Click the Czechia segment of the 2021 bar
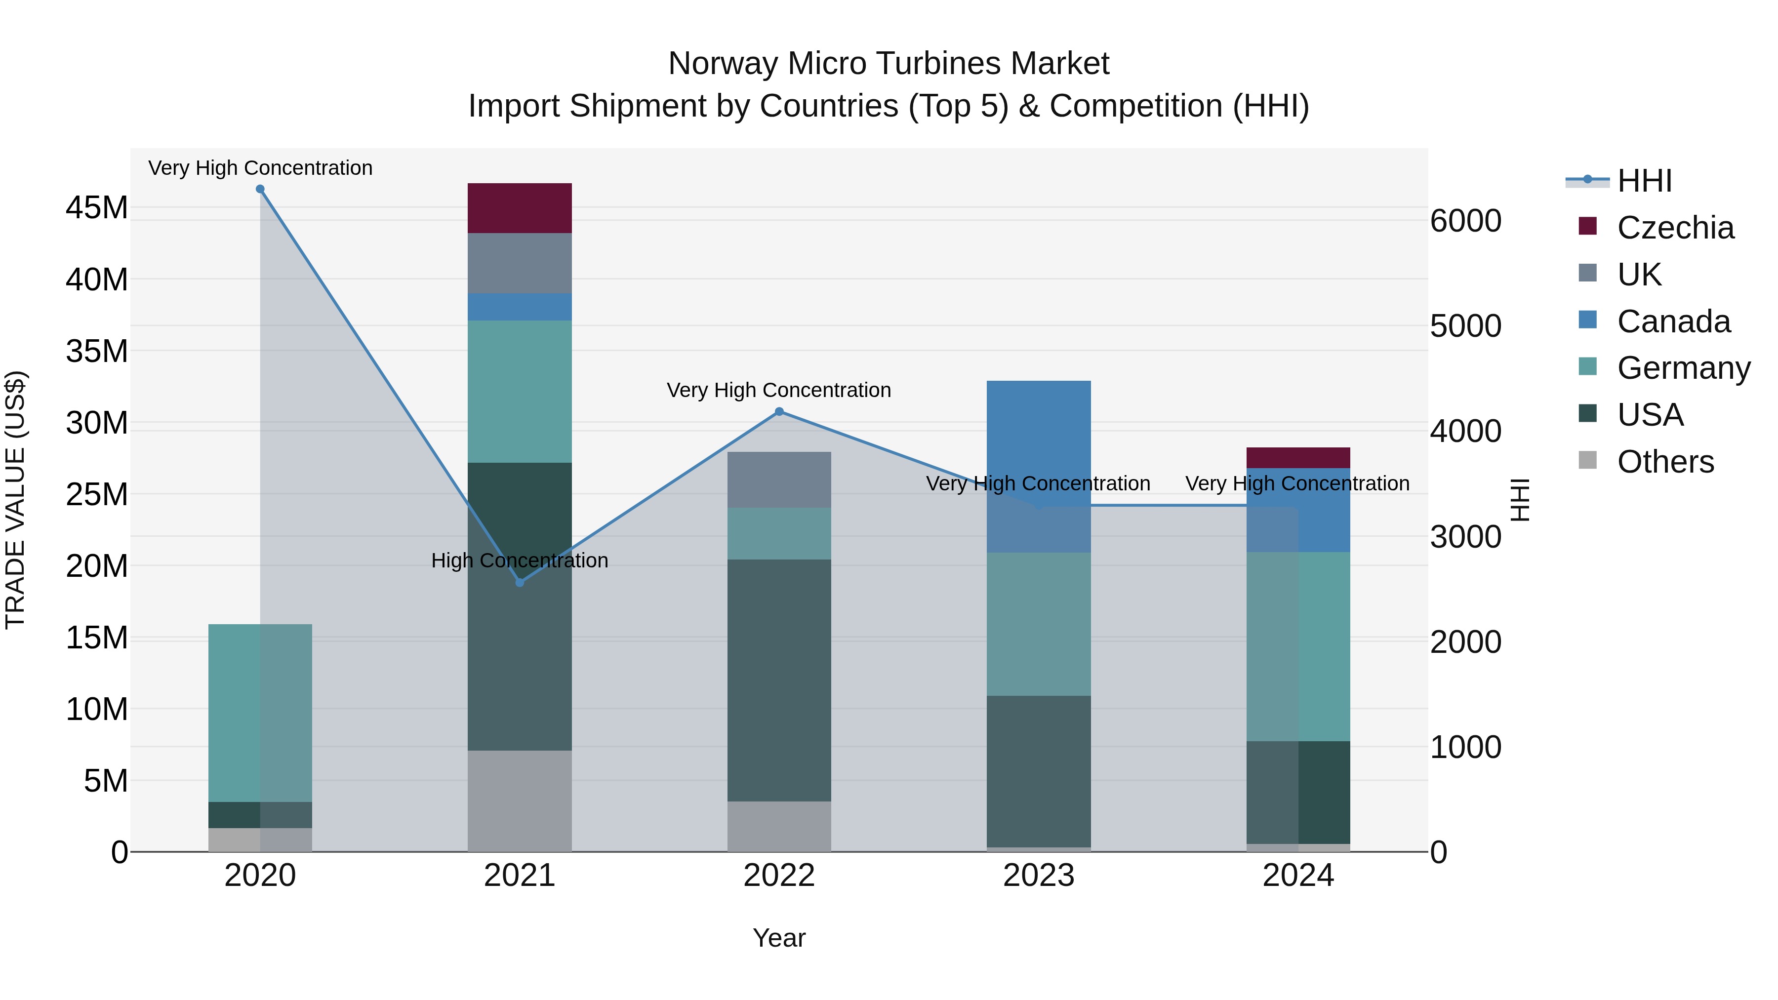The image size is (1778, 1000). pos(520,208)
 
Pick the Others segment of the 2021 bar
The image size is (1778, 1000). pos(520,800)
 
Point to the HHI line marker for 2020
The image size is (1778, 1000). pos(260,189)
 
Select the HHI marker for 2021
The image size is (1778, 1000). pos(520,583)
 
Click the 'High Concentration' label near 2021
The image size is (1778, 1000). pos(520,560)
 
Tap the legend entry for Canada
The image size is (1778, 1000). pos(1673,321)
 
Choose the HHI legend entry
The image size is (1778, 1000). pos(1644,181)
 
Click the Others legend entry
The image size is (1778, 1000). pos(1665,462)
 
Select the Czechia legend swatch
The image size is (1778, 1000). pos(1587,226)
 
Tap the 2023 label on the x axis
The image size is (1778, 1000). pos(1038,876)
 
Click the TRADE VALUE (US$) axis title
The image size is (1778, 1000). pos(15,500)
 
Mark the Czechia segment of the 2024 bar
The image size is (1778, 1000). pos(1297,458)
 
